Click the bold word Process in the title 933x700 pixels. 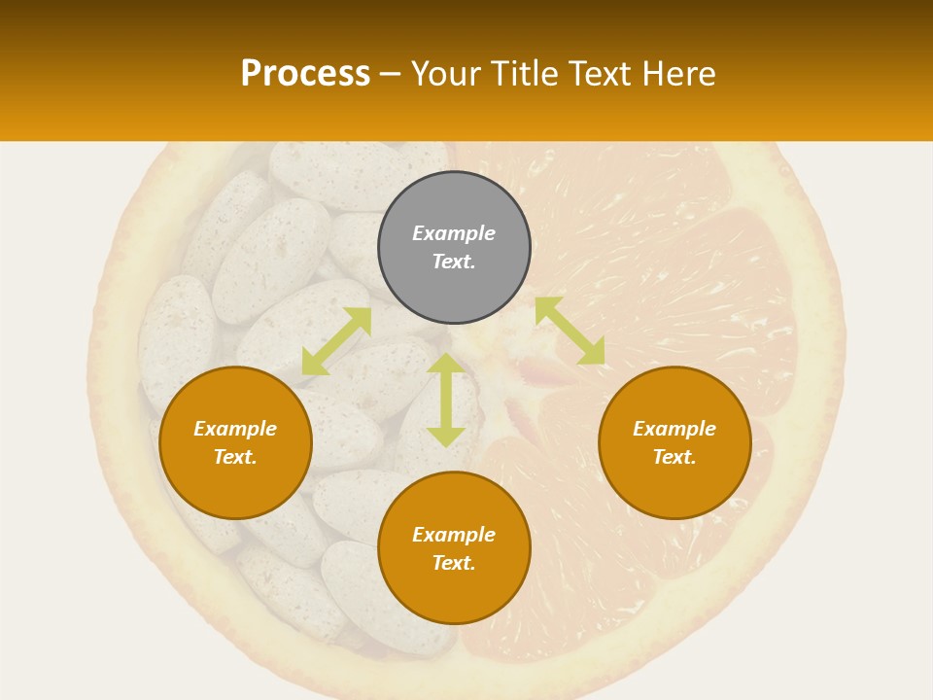[305, 74]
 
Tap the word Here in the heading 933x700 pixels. [677, 74]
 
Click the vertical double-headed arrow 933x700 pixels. [446, 400]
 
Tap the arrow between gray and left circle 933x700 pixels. [336, 341]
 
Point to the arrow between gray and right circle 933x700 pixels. [570, 331]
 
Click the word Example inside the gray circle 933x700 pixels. [454, 233]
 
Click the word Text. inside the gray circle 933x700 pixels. [454, 262]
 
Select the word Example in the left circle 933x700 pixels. [235, 429]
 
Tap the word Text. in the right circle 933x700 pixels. [674, 457]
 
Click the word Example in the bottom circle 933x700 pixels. [454, 535]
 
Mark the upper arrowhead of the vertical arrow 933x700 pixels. [446, 365]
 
